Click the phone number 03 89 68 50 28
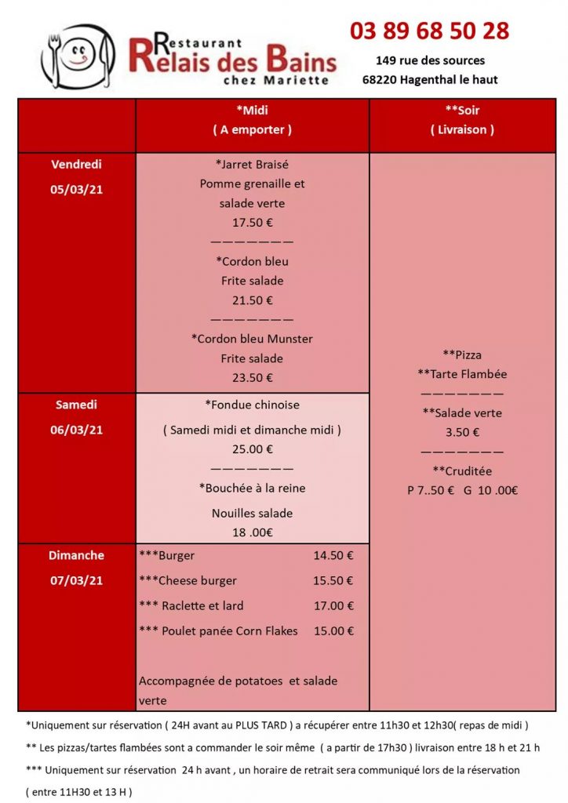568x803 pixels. [429, 31]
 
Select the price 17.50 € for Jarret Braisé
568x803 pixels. [252, 222]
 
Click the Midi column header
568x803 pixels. [252, 111]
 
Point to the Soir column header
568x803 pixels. [462, 111]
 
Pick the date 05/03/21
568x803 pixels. [77, 189]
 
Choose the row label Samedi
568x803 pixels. [76, 405]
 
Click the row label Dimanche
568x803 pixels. [76, 555]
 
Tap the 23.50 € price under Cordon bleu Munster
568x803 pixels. [252, 377]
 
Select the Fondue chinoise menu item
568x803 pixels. [252, 405]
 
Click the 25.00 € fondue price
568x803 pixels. [252, 449]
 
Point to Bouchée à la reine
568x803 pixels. [252, 488]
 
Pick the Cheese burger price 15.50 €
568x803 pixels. [333, 580]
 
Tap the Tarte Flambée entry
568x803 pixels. [462, 374]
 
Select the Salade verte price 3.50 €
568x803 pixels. [462, 431]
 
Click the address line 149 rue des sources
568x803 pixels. [430, 60]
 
